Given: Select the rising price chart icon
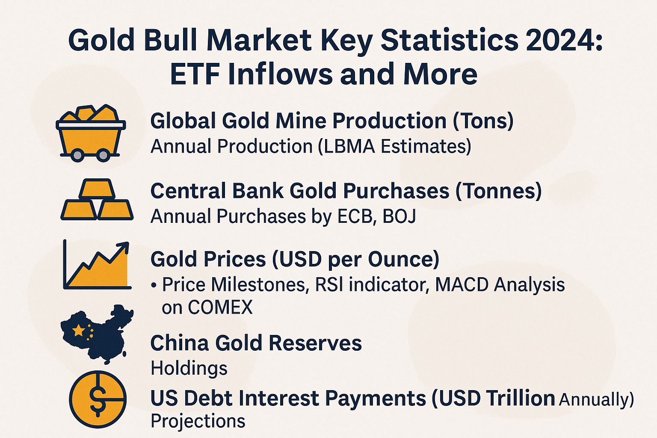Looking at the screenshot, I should tap(97, 266).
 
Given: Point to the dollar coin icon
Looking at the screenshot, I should tap(98, 399).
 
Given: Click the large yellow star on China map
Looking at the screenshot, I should tap(79, 330).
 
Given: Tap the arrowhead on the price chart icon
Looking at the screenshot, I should tap(124, 247).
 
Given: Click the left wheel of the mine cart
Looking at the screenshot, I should tap(77, 154).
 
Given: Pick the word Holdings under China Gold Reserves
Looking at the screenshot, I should tap(189, 368).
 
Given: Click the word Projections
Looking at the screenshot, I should tap(198, 421).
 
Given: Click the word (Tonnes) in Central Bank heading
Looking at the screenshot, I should tap(499, 191).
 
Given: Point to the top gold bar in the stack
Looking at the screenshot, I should tap(97, 188).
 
